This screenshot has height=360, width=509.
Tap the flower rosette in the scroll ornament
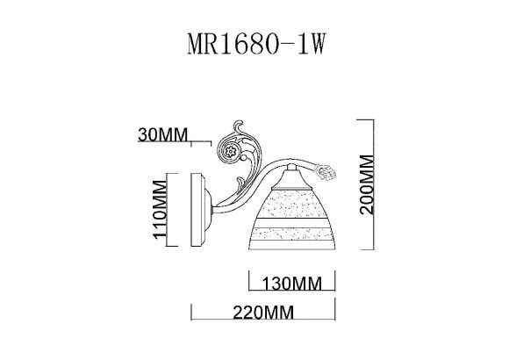[x=231, y=151]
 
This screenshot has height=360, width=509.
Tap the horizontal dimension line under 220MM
[x=263, y=322]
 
